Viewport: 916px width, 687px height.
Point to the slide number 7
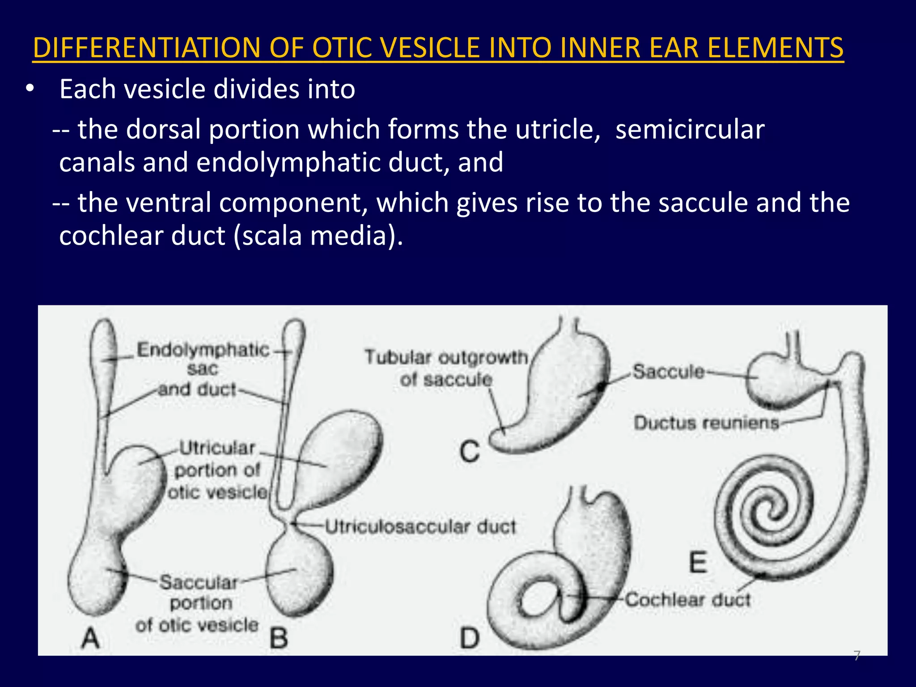857,656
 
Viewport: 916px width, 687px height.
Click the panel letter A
90,637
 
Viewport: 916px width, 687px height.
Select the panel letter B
279,637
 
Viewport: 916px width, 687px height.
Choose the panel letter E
698,562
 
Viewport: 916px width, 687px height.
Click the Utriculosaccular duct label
420,526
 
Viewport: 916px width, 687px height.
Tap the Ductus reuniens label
706,423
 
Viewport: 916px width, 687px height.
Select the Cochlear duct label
687,599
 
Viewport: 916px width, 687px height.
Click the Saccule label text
668,371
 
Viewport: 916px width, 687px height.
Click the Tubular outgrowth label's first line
446,357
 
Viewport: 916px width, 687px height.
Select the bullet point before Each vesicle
30,89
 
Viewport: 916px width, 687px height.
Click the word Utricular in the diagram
217,448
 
